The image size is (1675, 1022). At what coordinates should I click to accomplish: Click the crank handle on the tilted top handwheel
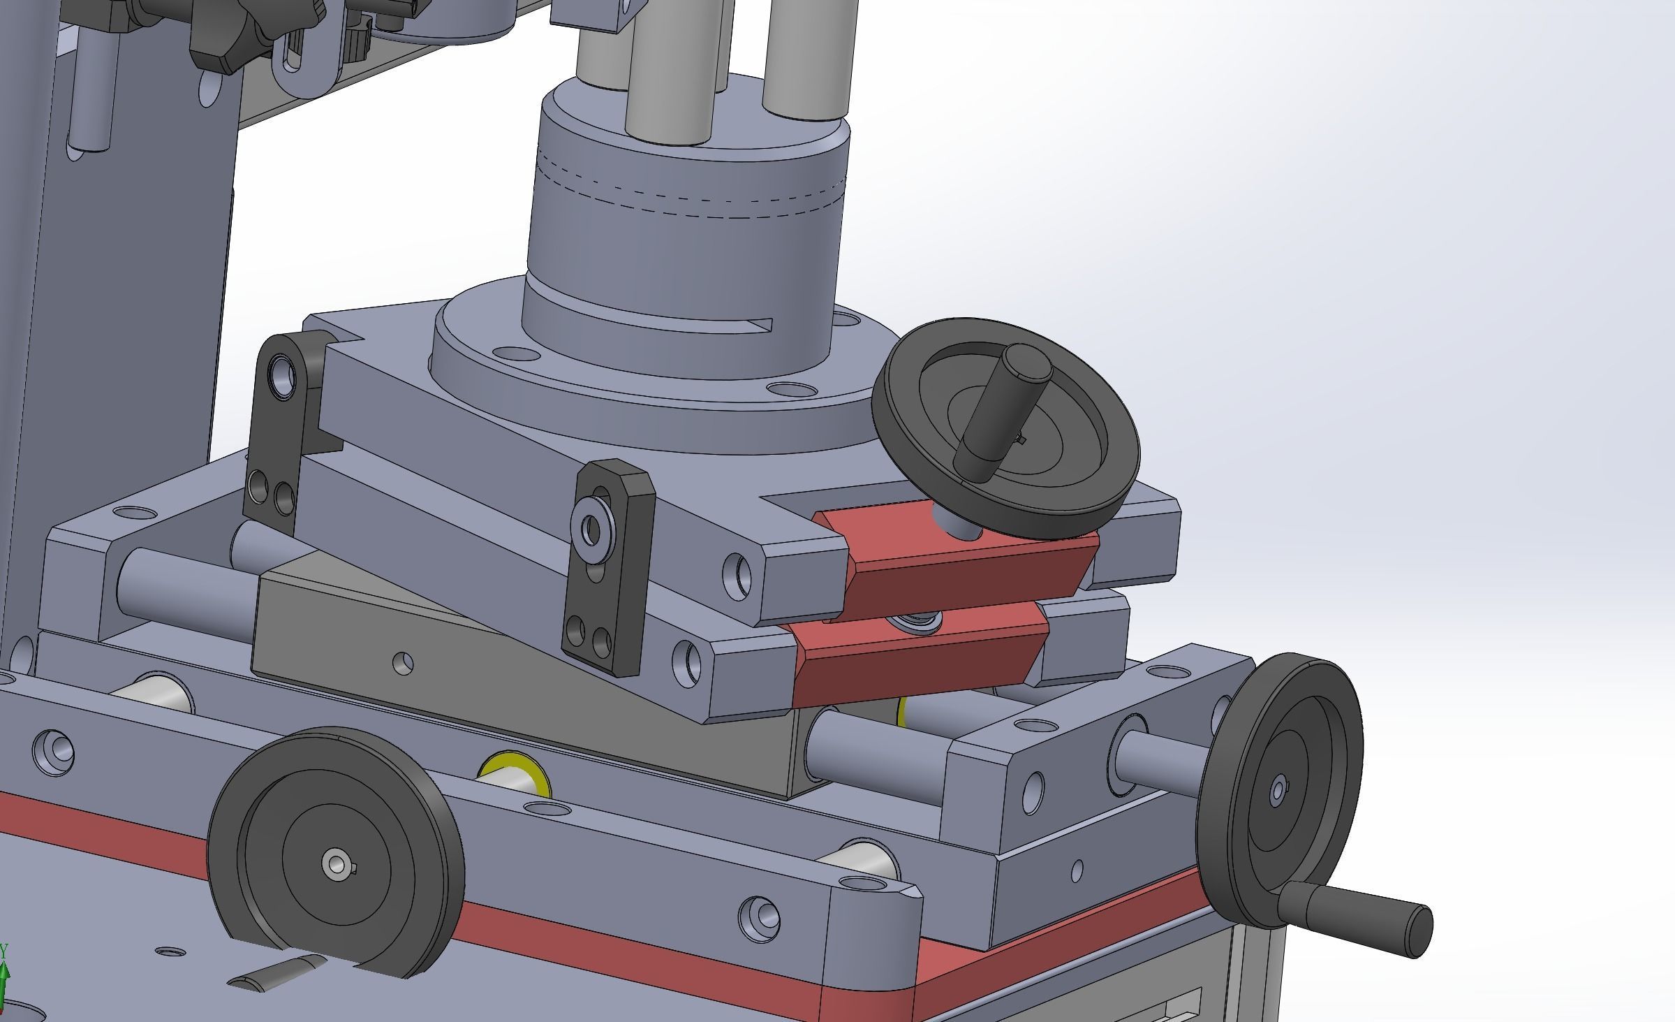tap(995, 419)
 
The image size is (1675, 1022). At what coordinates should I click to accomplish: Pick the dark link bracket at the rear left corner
tap(279, 433)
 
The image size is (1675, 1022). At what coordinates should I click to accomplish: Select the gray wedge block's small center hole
tap(403, 662)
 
